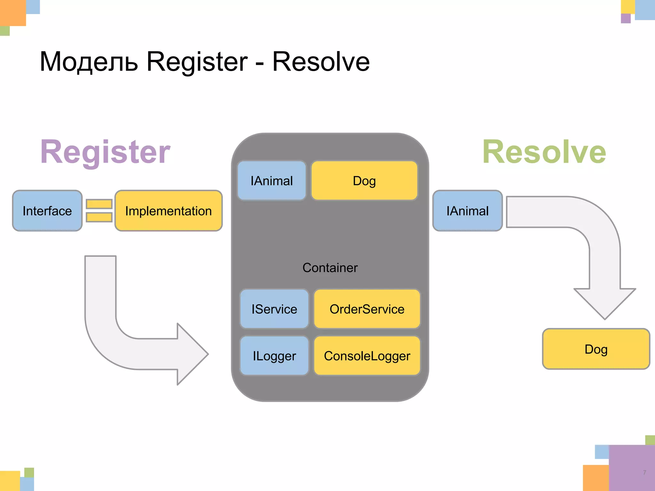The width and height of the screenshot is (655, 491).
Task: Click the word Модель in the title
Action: click(x=89, y=62)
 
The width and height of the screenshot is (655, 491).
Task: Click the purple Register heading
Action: click(x=105, y=152)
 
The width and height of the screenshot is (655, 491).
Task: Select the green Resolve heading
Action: click(x=544, y=152)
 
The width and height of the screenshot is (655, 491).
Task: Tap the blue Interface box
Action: click(x=47, y=211)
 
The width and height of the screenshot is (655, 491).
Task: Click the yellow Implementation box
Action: click(x=168, y=211)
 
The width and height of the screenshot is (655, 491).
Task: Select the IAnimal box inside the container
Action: click(x=272, y=181)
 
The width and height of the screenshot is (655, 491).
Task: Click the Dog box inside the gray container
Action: click(x=364, y=181)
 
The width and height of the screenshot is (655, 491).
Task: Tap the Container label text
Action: click(x=330, y=268)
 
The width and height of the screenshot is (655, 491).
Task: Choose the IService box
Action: click(x=274, y=309)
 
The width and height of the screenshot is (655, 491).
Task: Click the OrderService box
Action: click(x=367, y=309)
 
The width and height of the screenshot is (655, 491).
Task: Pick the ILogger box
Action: click(x=274, y=356)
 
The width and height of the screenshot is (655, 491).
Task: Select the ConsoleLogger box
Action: click(x=367, y=356)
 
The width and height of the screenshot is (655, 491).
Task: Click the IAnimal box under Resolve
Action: click(x=467, y=211)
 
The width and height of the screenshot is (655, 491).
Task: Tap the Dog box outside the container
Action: click(x=596, y=349)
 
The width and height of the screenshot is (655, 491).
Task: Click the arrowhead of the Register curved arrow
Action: click(x=192, y=354)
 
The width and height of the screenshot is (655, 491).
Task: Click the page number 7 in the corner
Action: click(x=644, y=472)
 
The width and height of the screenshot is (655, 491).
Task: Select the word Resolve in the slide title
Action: click(x=321, y=62)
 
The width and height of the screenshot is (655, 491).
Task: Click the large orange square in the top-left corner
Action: click(x=12, y=12)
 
